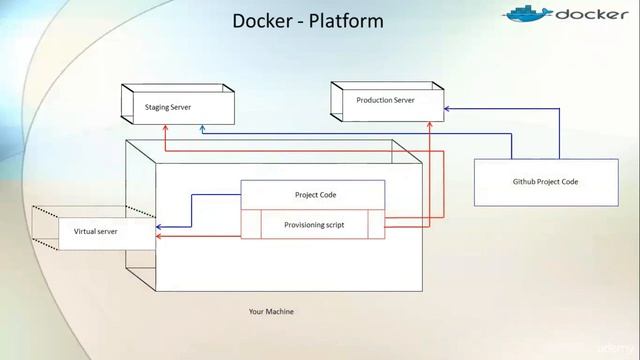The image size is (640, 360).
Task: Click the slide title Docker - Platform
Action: (308, 21)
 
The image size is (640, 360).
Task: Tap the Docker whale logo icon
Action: (527, 14)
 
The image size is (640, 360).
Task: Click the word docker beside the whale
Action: (592, 15)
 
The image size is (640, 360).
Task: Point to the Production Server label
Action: (385, 100)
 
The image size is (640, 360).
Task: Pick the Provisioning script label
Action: (313, 225)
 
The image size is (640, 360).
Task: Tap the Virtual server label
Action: (97, 231)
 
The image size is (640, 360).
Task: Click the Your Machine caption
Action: (271, 311)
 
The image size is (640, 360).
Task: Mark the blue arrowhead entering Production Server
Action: (448, 108)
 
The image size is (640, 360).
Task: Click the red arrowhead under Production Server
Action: (429, 127)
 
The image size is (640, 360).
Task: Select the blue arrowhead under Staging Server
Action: (202, 128)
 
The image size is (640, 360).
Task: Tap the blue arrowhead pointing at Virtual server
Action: (160, 226)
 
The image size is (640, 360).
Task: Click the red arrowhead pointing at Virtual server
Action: (160, 238)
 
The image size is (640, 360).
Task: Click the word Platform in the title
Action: (343, 21)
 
